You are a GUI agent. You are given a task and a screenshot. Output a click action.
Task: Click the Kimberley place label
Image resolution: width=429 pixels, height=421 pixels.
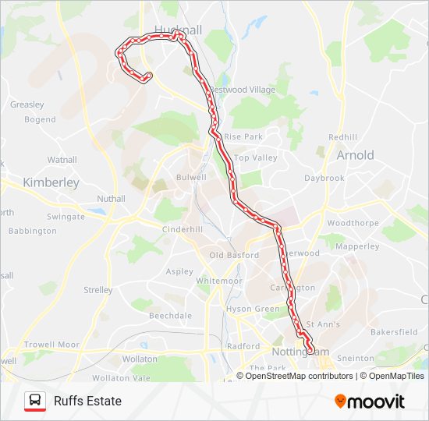(51, 182)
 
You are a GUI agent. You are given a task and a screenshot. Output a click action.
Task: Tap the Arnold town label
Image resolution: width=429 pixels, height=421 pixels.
(355, 155)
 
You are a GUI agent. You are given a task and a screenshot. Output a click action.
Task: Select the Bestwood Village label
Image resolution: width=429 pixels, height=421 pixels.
(243, 90)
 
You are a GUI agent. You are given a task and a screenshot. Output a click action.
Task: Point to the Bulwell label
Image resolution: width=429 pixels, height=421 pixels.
(191, 177)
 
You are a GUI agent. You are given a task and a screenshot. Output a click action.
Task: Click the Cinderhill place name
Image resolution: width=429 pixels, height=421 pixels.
(182, 229)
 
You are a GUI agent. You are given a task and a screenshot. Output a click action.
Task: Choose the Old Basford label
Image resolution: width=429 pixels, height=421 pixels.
(233, 255)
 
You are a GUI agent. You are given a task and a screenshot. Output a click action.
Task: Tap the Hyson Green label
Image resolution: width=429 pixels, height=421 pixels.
(253, 310)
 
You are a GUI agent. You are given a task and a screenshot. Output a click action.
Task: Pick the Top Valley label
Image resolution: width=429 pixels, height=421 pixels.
(256, 157)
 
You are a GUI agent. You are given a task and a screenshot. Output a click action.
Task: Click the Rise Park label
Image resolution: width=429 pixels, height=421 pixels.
(243, 136)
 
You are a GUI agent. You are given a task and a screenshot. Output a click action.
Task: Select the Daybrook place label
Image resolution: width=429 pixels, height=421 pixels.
(324, 178)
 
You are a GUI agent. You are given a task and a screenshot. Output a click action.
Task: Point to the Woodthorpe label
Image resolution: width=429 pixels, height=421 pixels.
(353, 223)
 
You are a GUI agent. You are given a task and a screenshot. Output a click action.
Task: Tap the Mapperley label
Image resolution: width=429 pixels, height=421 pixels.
(356, 246)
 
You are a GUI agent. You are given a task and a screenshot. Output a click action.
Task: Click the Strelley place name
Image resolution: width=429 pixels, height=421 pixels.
(98, 290)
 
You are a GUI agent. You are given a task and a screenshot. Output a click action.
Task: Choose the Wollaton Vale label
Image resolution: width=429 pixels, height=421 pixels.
(129, 377)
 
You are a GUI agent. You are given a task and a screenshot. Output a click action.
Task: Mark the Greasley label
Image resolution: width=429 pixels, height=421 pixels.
(27, 104)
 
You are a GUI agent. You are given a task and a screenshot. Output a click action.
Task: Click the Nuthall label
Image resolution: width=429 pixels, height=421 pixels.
(110, 199)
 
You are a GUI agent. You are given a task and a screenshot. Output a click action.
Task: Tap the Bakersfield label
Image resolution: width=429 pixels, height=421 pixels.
(395, 331)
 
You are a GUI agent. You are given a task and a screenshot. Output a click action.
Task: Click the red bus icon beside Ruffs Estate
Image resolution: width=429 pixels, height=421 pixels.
(34, 401)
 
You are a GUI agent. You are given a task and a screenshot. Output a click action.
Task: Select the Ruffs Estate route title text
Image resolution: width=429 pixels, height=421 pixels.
(87, 402)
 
